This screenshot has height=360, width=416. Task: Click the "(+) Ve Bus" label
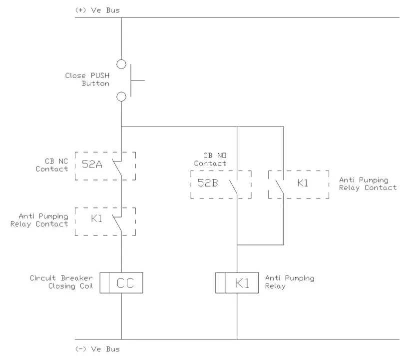click(97, 10)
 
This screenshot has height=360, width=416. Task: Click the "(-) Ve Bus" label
click(97, 349)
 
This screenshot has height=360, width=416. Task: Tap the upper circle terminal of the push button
click(121, 64)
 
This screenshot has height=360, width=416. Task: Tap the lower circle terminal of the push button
click(121, 96)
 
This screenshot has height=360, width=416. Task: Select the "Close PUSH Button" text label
click(87, 79)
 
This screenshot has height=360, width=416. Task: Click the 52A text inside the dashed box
click(92, 163)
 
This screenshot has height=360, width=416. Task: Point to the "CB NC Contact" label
click(52, 165)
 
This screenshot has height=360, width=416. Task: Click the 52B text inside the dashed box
click(208, 182)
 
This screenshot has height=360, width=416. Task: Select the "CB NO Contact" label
click(210, 159)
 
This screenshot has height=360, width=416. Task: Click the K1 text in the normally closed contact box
click(96, 218)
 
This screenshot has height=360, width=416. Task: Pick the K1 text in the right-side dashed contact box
click(303, 182)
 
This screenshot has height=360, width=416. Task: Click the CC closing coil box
click(122, 283)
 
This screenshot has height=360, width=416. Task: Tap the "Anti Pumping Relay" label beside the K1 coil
click(290, 282)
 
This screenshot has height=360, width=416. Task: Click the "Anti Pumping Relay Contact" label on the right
click(368, 183)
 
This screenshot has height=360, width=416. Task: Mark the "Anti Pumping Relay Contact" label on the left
click(39, 220)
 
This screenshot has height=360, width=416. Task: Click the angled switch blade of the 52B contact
click(233, 185)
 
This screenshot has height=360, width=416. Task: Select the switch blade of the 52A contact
click(118, 166)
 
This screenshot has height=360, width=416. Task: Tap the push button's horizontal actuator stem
click(138, 80)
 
